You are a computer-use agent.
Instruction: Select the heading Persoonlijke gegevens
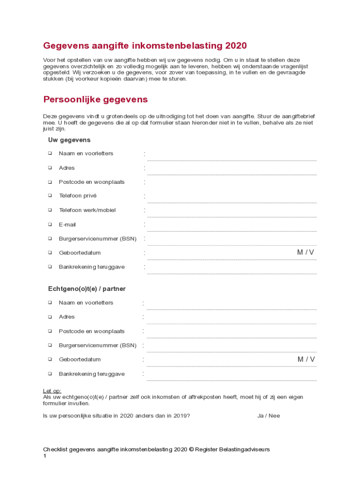95,100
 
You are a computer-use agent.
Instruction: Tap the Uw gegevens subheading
69,140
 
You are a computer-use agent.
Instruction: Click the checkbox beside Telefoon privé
50,196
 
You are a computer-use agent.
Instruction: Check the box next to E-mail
50,224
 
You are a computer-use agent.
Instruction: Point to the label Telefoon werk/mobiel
87,210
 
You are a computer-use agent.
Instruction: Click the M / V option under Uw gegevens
306,253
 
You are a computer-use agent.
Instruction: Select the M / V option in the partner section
306,359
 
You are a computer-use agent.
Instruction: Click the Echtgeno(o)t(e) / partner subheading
87,289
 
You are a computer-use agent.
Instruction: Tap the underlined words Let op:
52,391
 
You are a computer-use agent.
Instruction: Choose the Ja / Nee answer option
268,415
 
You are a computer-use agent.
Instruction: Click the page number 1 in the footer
45,456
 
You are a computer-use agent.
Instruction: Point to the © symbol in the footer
191,450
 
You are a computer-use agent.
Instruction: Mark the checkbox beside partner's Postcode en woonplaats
50,331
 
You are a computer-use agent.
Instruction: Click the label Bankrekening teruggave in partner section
92,374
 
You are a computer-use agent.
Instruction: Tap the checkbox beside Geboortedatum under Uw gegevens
50,253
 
